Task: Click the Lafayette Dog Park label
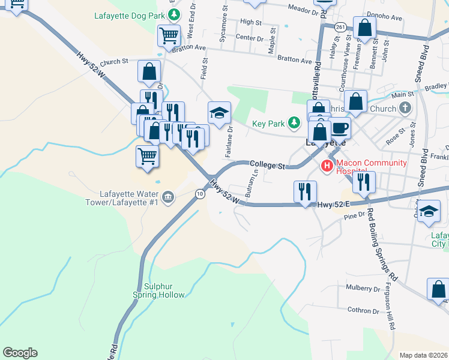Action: (130, 16)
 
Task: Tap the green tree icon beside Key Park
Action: (294, 124)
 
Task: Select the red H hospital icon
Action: (327, 166)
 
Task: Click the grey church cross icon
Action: (405, 109)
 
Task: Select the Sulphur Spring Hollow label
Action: (158, 290)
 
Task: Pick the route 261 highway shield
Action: (340, 27)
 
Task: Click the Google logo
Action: (20, 353)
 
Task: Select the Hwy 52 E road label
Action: (332, 204)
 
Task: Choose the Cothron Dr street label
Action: (363, 310)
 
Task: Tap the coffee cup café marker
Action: (340, 128)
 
